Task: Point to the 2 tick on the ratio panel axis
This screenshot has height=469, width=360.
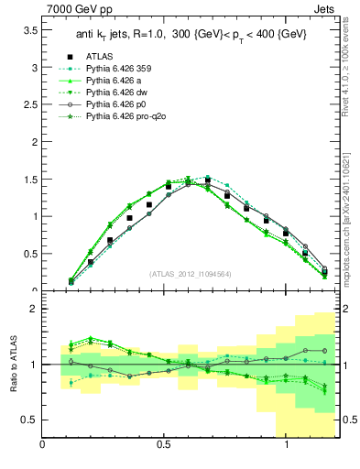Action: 34,309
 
